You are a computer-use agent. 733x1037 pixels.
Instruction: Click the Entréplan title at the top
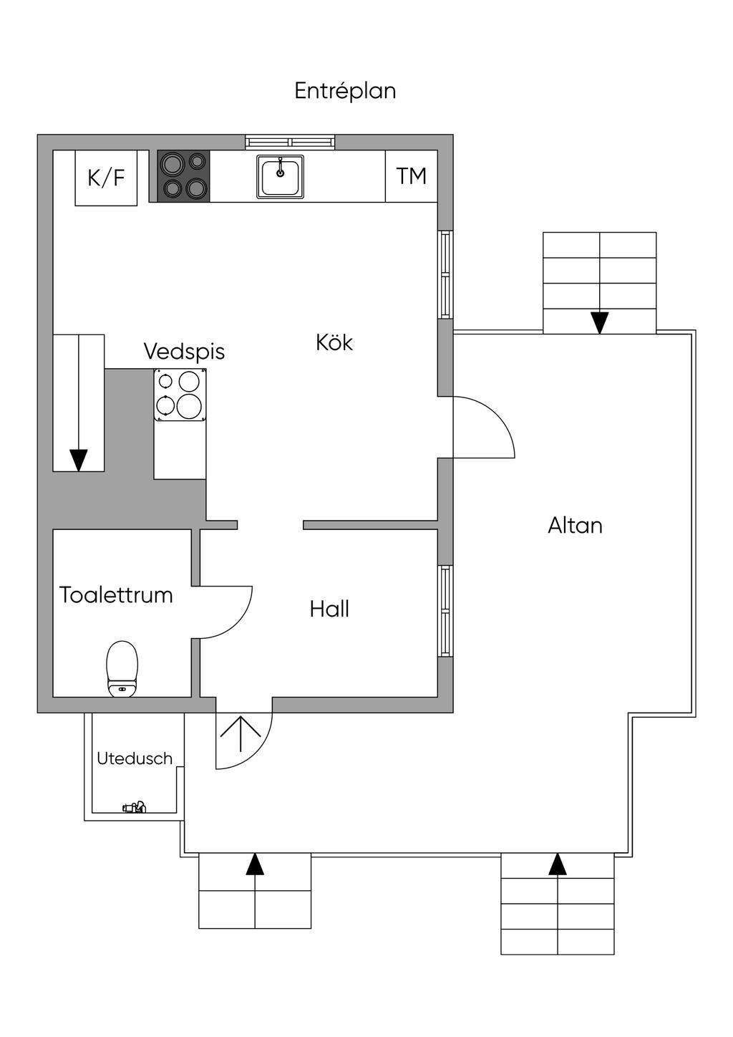[345, 91]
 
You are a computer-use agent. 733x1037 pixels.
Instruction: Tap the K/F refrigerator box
[106, 178]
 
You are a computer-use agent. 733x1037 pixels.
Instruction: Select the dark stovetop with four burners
[183, 176]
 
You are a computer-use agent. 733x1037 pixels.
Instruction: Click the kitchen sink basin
[280, 177]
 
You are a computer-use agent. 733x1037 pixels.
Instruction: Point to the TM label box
[412, 176]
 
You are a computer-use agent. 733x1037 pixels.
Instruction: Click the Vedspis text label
[184, 352]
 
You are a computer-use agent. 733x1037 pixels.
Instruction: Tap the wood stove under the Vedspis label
[180, 395]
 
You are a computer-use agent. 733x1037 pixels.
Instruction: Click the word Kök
[334, 342]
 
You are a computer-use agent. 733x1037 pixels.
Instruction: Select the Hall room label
[329, 609]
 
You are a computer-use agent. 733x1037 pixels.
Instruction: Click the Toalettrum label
[116, 595]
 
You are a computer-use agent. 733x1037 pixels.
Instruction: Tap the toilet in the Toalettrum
[122, 669]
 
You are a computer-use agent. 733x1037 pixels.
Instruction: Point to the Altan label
[575, 526]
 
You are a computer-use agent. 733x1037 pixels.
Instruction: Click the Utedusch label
[135, 758]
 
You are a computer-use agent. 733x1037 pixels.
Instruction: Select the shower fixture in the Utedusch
[134, 807]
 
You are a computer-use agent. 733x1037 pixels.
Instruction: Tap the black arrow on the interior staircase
[79, 459]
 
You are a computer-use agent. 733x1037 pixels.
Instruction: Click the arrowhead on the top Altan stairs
[600, 322]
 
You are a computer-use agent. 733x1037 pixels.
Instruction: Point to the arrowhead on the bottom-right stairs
[558, 864]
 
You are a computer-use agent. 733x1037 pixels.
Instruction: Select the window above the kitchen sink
[290, 142]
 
